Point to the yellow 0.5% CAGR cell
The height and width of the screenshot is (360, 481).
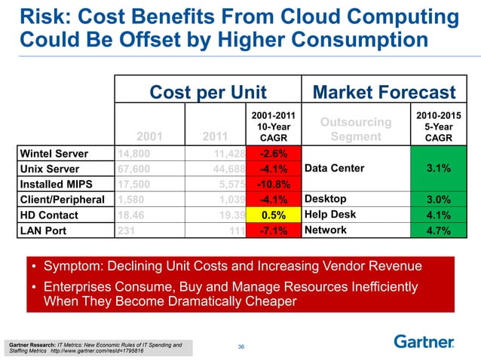(274, 215)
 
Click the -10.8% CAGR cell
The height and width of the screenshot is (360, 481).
(274, 185)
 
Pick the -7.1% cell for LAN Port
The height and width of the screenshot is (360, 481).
(274, 230)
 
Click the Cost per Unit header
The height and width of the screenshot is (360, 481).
(208, 92)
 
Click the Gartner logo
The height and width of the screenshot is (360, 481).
(424, 341)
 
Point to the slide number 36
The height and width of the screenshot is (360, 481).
(241, 346)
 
